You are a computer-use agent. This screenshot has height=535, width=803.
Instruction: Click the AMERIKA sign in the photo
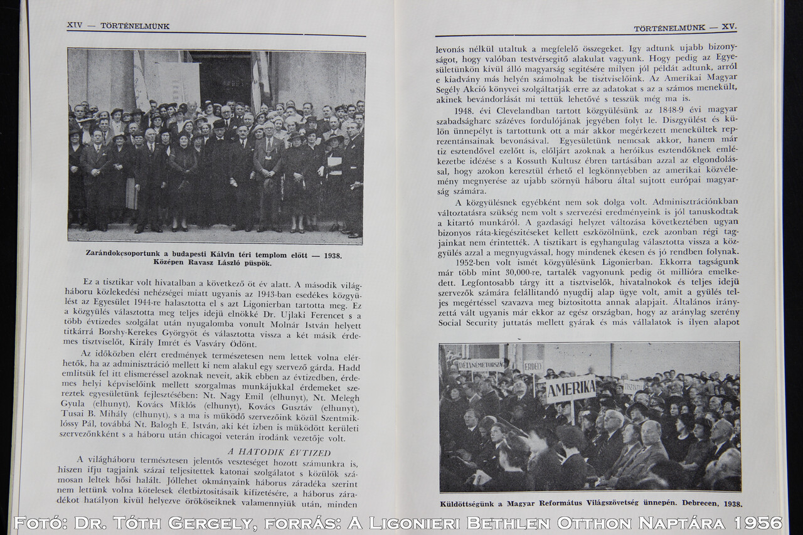coord(570,389)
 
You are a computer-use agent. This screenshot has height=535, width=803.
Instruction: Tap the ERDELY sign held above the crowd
coord(533,367)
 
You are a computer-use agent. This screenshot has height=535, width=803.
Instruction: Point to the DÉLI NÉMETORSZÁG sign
coord(481,364)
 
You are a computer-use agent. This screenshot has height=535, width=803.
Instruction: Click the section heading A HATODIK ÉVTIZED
coord(279,452)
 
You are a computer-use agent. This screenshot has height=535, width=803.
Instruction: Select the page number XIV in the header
coord(75,26)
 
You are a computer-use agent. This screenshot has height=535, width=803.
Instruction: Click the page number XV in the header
coord(729,28)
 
